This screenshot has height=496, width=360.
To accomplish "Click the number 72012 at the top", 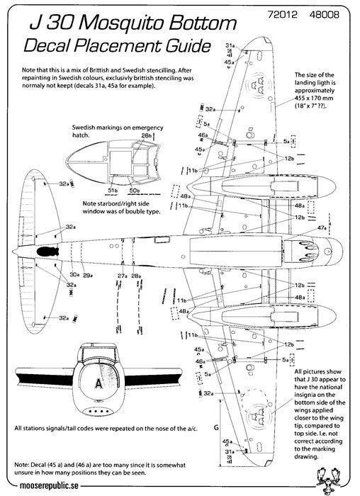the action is tap(283, 15).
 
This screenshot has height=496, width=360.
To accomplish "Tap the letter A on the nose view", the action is tap(99, 384).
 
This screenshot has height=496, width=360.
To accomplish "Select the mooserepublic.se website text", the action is tap(49, 485).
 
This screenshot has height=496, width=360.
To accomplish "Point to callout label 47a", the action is tap(322, 227).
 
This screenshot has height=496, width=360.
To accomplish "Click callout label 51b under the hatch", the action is tap(113, 191).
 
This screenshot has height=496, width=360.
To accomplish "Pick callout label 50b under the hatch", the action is tap(134, 191).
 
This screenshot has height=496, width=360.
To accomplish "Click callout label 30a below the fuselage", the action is tap(74, 275).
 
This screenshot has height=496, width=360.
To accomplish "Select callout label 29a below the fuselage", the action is tap(88, 275).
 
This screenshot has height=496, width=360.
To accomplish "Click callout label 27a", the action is tap(123, 276).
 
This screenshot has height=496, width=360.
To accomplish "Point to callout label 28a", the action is tap(136, 276).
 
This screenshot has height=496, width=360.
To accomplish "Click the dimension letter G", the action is tap(216, 428).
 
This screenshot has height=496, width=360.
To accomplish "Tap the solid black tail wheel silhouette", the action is tap(47, 251).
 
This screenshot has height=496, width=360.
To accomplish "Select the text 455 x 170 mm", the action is tap(314, 98).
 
